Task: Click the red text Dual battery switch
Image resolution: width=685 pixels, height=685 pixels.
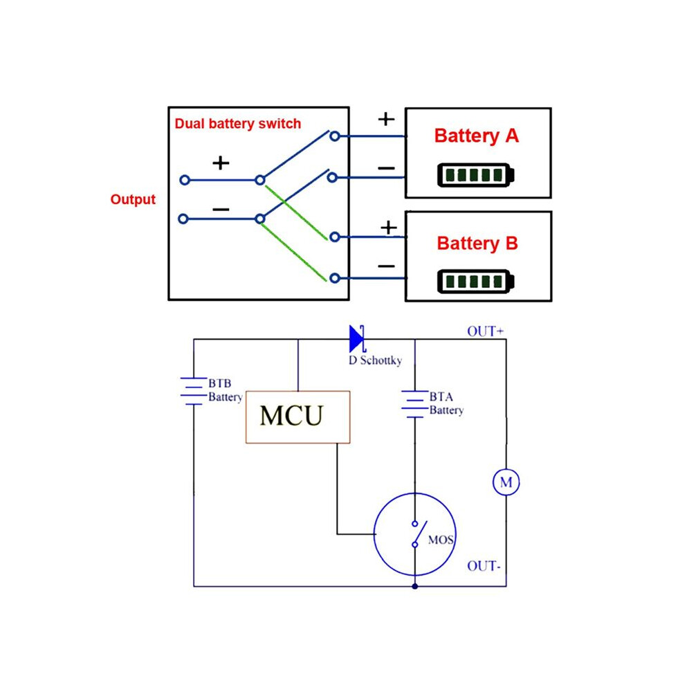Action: coord(237,124)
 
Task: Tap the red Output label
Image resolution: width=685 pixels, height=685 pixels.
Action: coord(133,200)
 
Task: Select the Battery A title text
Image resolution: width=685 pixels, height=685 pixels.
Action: coord(476,136)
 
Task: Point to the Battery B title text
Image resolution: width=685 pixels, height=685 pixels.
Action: coord(477,244)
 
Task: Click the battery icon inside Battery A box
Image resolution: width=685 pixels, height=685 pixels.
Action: coord(476,175)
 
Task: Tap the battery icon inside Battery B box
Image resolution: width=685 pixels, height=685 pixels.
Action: coord(476,282)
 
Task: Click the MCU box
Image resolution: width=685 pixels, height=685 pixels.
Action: coord(298,417)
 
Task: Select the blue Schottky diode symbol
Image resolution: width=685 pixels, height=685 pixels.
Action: coord(357,338)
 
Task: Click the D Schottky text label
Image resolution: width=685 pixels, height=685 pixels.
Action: coord(375,360)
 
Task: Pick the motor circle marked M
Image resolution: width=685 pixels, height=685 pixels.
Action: coord(506,482)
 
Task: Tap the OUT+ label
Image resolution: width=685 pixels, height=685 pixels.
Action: coord(485,331)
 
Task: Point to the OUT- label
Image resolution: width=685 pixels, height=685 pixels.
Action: coord(484,566)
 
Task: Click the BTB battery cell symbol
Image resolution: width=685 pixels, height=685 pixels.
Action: coord(194,391)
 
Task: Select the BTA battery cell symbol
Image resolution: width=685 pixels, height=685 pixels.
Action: coord(414,404)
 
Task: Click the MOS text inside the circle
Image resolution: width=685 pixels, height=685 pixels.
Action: coord(440,540)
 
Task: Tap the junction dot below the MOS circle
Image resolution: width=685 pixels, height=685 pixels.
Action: coord(414,586)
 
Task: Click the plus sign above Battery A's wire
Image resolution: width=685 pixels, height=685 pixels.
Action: coord(386,119)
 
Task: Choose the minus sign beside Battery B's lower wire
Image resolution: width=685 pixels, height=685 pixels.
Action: coord(386,266)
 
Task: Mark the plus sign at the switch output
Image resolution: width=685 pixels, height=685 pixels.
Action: coord(221,163)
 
